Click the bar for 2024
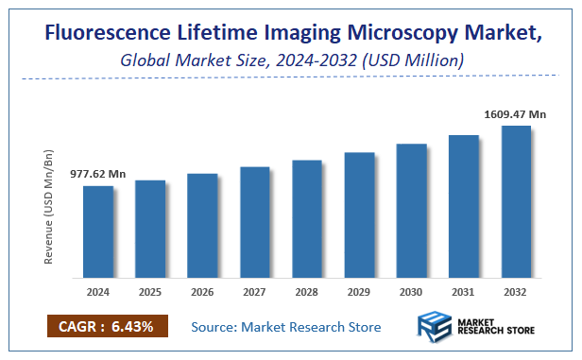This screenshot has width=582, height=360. click(x=98, y=232)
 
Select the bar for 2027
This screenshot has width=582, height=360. click(x=255, y=223)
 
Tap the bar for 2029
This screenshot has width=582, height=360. click(x=359, y=215)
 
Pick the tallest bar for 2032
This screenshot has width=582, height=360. click(x=516, y=202)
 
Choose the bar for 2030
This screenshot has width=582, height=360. click(x=411, y=212)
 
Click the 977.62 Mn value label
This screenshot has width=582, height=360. click(x=98, y=175)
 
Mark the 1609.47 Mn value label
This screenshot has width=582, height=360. click(x=516, y=114)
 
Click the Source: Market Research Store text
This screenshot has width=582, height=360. click(x=286, y=327)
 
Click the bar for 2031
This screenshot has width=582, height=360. click(x=464, y=207)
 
